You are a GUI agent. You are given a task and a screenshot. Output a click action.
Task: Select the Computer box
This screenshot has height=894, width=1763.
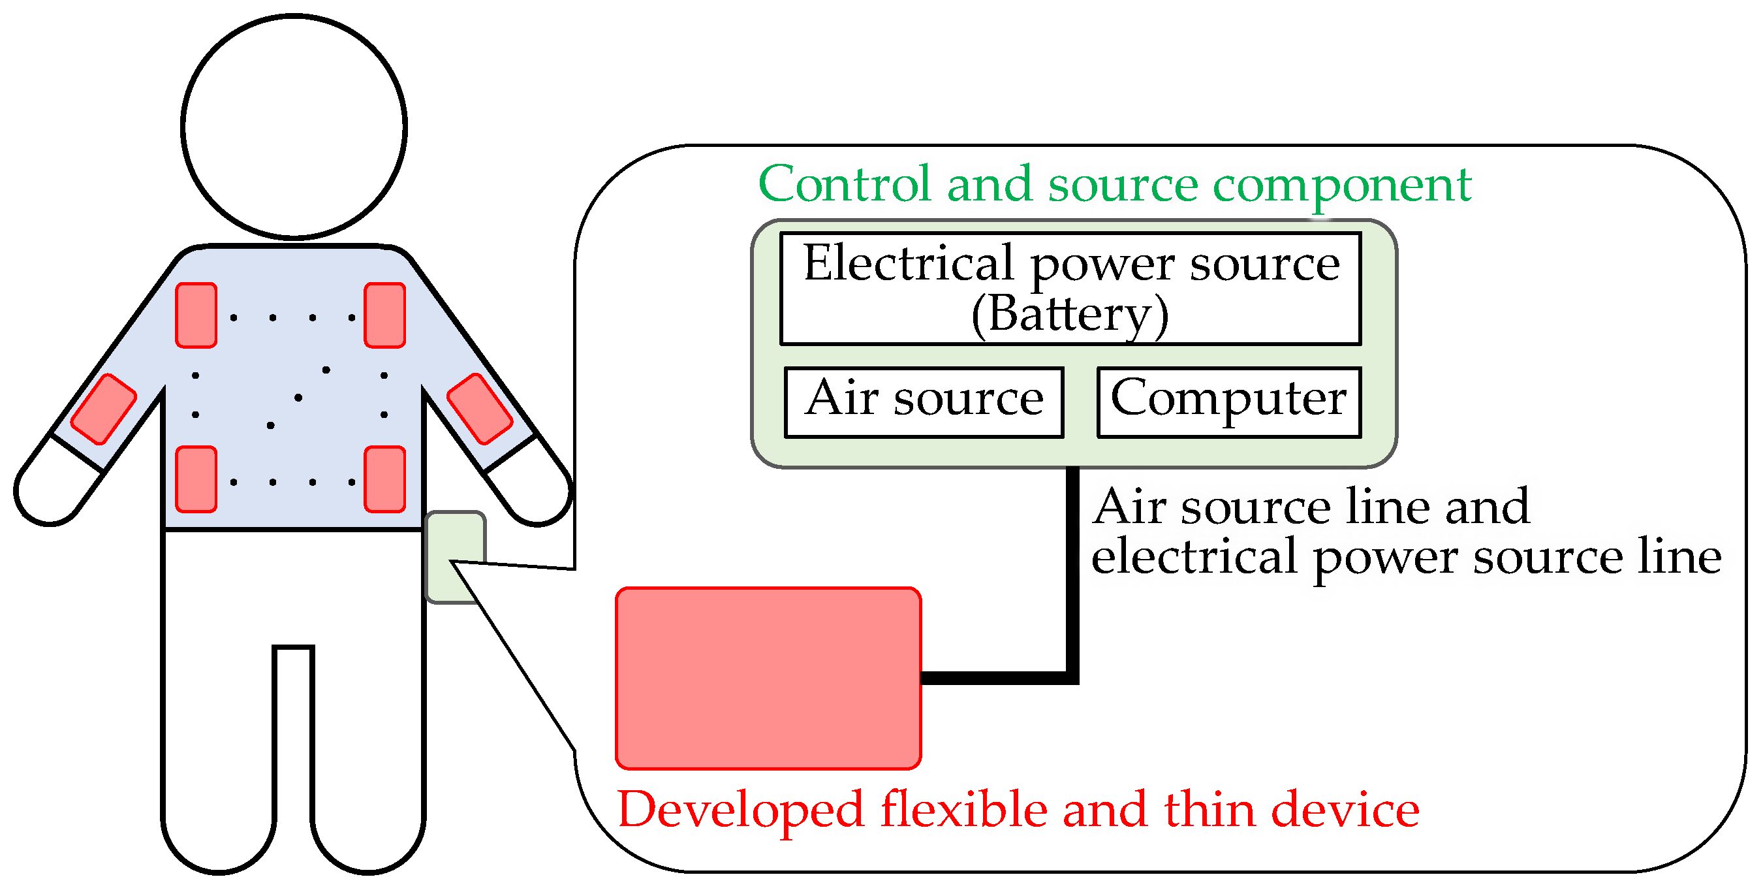click(1228, 402)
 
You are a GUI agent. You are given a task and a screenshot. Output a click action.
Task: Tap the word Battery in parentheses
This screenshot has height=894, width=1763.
click(1069, 314)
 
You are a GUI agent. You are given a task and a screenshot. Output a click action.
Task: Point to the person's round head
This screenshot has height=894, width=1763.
click(294, 127)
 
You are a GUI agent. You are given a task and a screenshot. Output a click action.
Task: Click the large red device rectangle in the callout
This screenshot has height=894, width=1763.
click(768, 678)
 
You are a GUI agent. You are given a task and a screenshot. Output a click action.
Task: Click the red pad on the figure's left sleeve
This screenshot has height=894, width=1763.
click(103, 409)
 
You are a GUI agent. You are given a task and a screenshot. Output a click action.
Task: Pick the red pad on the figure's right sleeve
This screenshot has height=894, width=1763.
click(480, 409)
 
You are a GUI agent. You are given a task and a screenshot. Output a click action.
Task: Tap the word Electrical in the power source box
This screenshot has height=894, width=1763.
click(907, 264)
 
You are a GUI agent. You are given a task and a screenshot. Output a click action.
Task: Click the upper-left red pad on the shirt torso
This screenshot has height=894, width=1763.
click(196, 315)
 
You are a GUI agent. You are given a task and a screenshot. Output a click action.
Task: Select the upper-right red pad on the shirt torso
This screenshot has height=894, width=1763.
click(384, 315)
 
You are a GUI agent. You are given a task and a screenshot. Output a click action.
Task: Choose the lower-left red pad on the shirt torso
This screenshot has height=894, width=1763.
click(196, 479)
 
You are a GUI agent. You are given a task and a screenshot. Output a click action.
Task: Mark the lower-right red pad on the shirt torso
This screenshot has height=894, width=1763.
click(384, 479)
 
